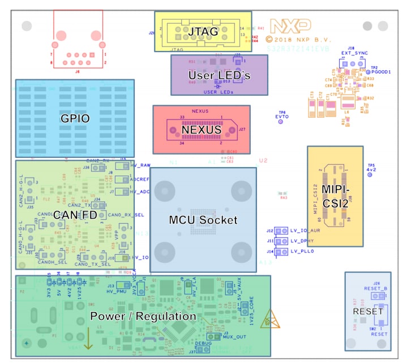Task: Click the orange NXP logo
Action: (290, 26)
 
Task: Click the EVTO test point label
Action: (281, 117)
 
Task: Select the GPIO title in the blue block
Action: (75, 119)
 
